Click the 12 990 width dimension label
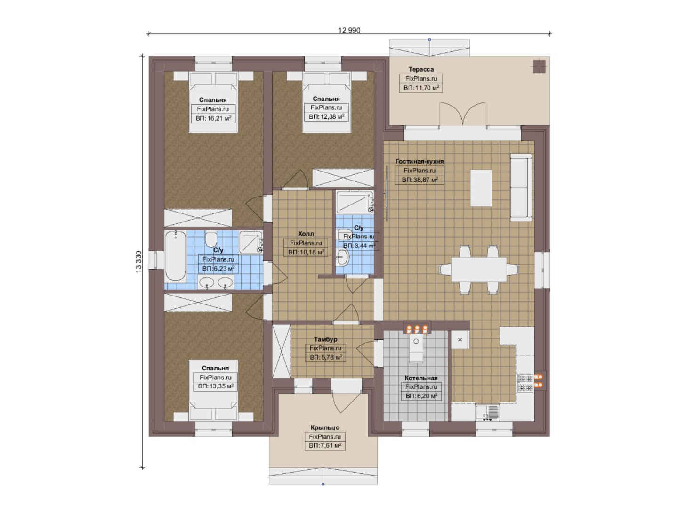tap(349, 30)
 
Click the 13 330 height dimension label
tap(138, 262)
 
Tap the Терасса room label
tap(421, 69)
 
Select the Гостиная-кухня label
tap(420, 161)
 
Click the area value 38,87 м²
tap(420, 180)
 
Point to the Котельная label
tap(421, 378)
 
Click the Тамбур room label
tap(325, 339)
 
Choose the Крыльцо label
tap(325, 427)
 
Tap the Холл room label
tap(306, 234)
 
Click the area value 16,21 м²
tap(213, 118)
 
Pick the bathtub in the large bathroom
tap(175, 256)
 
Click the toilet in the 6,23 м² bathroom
tap(211, 239)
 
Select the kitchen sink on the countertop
tap(487, 413)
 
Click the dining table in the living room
tap(479, 269)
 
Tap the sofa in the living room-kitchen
tap(521, 188)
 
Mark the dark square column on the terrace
tap(539, 66)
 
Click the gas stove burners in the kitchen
tap(525, 383)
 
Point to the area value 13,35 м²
tap(216, 386)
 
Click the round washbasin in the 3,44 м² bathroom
tap(342, 257)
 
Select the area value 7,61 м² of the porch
tap(325, 446)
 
